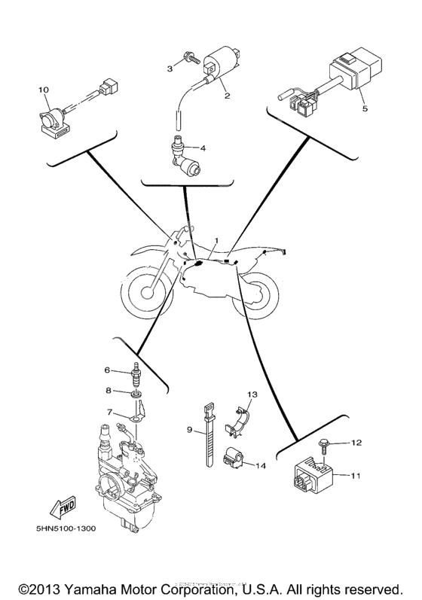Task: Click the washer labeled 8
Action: tap(136, 392)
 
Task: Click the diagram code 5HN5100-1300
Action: tap(64, 528)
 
